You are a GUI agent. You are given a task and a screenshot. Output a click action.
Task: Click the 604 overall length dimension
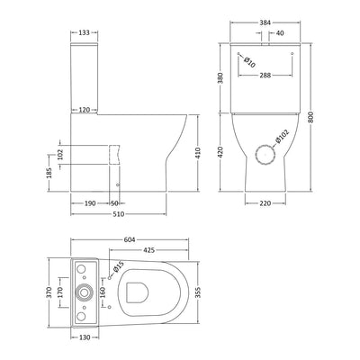pos(130,239)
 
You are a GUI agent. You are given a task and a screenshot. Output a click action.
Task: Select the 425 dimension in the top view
pos(148,249)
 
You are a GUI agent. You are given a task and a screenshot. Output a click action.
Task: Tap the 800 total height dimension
pos(310,117)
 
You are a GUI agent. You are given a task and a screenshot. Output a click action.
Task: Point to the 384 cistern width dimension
pos(265,22)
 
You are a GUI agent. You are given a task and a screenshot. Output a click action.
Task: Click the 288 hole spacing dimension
pos(265,75)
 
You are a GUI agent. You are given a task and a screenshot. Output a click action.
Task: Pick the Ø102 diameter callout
pos(282,136)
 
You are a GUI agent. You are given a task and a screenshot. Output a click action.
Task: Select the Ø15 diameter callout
pos(118,267)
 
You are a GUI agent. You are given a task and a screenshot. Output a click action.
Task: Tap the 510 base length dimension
pos(119,214)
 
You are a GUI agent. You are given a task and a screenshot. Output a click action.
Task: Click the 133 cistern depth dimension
pos(84,32)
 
